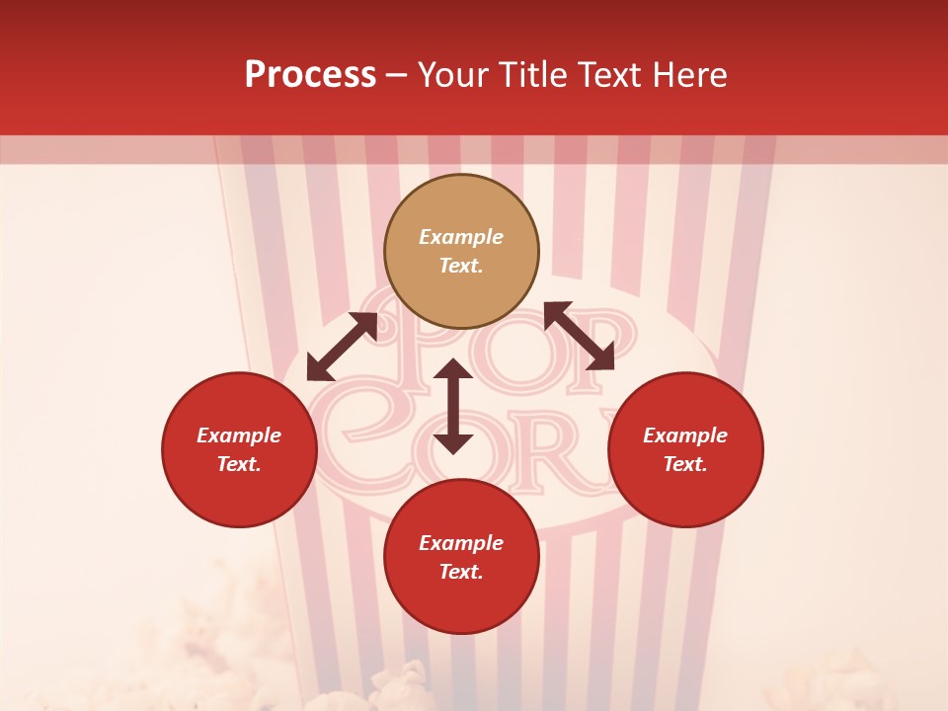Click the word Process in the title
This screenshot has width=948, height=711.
pyautogui.click(x=310, y=75)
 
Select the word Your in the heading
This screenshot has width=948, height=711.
pyautogui.click(x=452, y=75)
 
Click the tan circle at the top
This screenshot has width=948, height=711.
pyautogui.click(x=461, y=251)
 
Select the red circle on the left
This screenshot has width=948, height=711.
pyautogui.click(x=239, y=449)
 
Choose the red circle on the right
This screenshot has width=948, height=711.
pyautogui.click(x=685, y=449)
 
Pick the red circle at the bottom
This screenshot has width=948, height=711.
pyautogui.click(x=461, y=557)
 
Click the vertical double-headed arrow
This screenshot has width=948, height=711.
pyautogui.click(x=453, y=406)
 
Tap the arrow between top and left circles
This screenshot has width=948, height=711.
pyautogui.click(x=342, y=347)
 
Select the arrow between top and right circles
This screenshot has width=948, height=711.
pyautogui.click(x=579, y=336)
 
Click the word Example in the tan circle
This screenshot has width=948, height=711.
pyautogui.click(x=461, y=237)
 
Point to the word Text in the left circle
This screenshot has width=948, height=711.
pyautogui.click(x=239, y=464)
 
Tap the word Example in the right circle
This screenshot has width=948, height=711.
pyautogui.click(x=685, y=435)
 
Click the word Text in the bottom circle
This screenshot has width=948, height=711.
pyautogui.click(x=461, y=572)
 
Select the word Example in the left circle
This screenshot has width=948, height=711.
pyautogui.click(x=239, y=435)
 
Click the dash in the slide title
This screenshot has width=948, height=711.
pyautogui.click(x=397, y=75)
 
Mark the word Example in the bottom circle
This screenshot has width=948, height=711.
pyautogui.click(x=461, y=543)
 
